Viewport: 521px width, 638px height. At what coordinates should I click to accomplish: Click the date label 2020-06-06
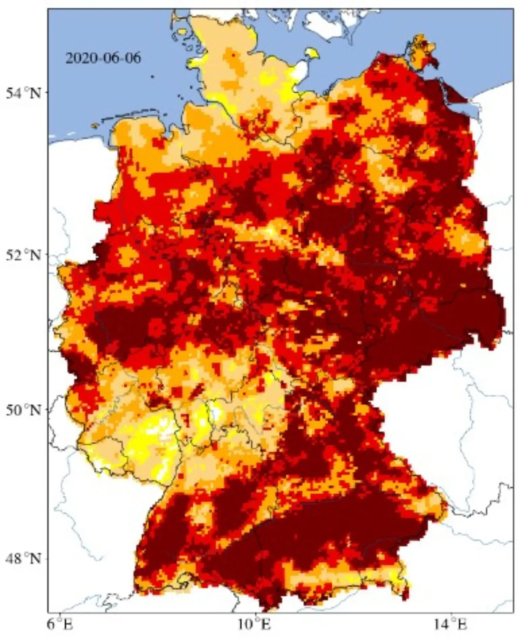point(104,58)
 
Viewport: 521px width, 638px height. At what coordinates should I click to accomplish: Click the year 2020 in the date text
point(79,58)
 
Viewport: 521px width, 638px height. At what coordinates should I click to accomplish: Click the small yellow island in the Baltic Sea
point(311,53)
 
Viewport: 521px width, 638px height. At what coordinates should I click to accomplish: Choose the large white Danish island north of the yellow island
point(326,24)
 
